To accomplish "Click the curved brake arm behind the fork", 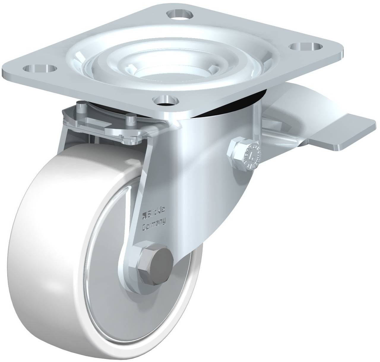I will pyautogui.click(x=285, y=119).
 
